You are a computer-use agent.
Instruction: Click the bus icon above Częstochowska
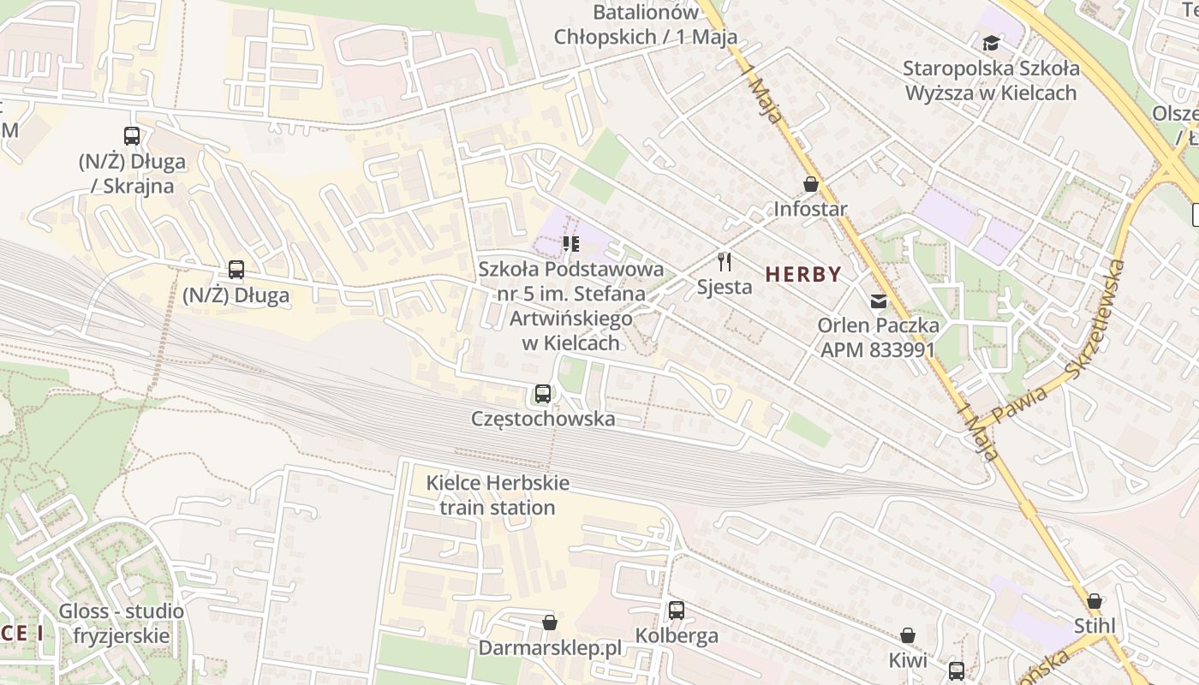[543, 394]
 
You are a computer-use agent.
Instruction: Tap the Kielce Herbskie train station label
[498, 495]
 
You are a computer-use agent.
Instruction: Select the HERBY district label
[803, 274]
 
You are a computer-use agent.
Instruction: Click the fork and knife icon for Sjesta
[725, 261]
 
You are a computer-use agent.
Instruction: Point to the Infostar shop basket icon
[810, 184]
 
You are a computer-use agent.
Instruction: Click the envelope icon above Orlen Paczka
[879, 301]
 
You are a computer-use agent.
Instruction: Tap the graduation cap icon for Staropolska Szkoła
[991, 43]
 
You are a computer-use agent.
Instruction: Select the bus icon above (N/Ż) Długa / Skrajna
[132, 135]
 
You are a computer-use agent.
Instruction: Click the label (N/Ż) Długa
[236, 296]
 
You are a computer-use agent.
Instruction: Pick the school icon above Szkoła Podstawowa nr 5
[571, 244]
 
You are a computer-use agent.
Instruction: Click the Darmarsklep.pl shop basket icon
[550, 622]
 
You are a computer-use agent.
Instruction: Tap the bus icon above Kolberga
[677, 611]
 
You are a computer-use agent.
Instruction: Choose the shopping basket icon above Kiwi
[908, 635]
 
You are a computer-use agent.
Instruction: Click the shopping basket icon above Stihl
[1095, 600]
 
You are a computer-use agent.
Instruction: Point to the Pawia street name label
[1019, 408]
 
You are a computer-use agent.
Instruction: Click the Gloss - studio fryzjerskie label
[121, 623]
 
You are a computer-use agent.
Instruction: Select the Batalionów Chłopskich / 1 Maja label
[646, 25]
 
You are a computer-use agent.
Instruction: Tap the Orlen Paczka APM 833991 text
[878, 337]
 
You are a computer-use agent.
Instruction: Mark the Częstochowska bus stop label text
[543, 419]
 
